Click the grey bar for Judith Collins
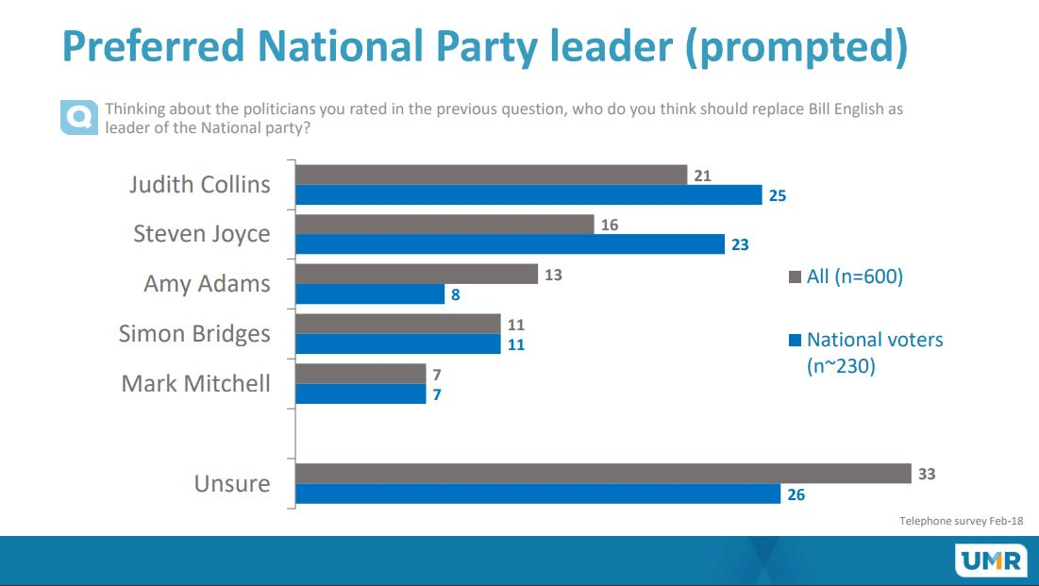coord(491,175)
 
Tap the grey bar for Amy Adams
coord(416,274)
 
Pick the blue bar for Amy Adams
coord(370,294)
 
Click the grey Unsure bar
coord(603,473)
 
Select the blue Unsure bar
coord(538,494)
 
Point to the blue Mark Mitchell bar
coord(360,394)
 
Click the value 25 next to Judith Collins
coord(777,196)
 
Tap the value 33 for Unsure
coord(927,474)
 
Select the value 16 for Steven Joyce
coord(609,225)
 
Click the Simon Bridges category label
coord(194,334)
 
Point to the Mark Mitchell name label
coord(195,384)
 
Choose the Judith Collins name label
coord(199,185)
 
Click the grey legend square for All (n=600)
coord(795,277)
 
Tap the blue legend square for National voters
coord(795,341)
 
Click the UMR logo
coord(991,561)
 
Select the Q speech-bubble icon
coord(78,117)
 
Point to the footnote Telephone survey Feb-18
coord(961,521)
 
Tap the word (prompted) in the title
coord(796,46)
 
